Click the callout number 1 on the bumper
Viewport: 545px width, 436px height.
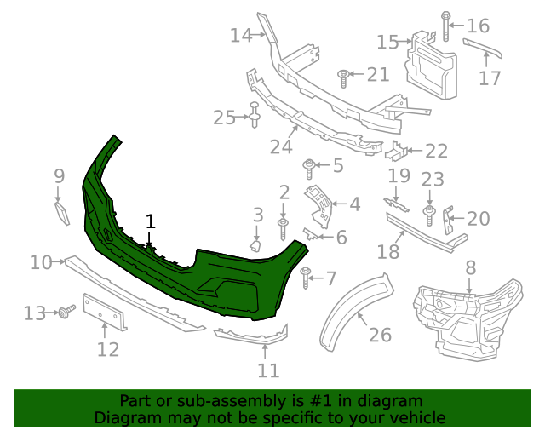click(x=151, y=221)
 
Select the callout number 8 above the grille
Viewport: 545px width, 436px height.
click(x=471, y=268)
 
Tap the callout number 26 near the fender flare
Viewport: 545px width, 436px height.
click(x=380, y=335)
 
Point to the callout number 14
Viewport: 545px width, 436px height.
click(x=241, y=35)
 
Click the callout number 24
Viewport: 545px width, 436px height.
click(x=281, y=146)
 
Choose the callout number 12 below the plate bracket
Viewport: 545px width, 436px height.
click(x=108, y=349)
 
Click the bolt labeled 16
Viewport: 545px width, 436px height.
click(x=446, y=26)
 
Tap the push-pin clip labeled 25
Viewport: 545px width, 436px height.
click(x=254, y=116)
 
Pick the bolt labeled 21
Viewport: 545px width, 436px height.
click(x=343, y=77)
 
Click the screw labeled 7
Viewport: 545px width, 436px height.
click(x=305, y=276)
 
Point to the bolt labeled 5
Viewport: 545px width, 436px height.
click(x=310, y=165)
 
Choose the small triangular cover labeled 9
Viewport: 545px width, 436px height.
click(x=62, y=212)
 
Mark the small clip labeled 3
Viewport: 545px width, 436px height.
click(x=255, y=246)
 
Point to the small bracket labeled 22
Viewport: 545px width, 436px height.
click(x=397, y=152)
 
